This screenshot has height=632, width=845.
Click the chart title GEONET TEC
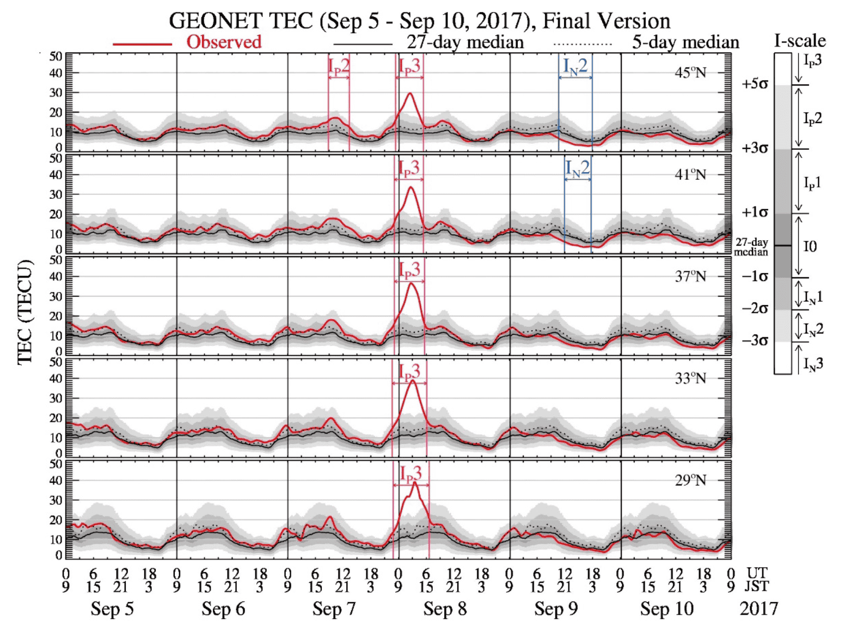pyautogui.click(x=419, y=21)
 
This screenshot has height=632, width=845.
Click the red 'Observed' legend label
pyautogui.click(x=224, y=42)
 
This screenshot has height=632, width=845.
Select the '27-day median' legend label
pyautogui.click(x=465, y=42)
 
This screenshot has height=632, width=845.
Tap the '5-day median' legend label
pyautogui.click(x=685, y=42)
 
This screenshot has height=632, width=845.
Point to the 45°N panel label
pyautogui.click(x=690, y=73)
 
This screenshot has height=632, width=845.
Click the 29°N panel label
pyautogui.click(x=690, y=481)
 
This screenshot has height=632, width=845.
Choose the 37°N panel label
pyautogui.click(x=690, y=277)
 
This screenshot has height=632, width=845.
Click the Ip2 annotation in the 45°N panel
pyautogui.click(x=339, y=66)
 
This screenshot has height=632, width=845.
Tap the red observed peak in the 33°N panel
pyautogui.click(x=413, y=381)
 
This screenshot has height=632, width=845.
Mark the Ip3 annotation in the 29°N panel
pyautogui.click(x=411, y=473)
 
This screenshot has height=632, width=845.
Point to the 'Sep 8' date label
pyautogui.click(x=445, y=609)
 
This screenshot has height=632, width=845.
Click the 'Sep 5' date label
pyautogui.click(x=112, y=609)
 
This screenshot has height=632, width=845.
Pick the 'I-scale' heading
pyautogui.click(x=799, y=41)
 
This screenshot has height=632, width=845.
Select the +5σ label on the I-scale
pyautogui.click(x=755, y=84)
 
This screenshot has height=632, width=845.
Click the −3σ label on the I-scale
pyautogui.click(x=755, y=341)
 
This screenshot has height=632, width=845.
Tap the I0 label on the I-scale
pyautogui.click(x=810, y=247)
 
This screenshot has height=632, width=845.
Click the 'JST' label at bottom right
pyautogui.click(x=756, y=587)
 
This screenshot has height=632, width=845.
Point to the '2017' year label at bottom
pyautogui.click(x=758, y=609)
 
